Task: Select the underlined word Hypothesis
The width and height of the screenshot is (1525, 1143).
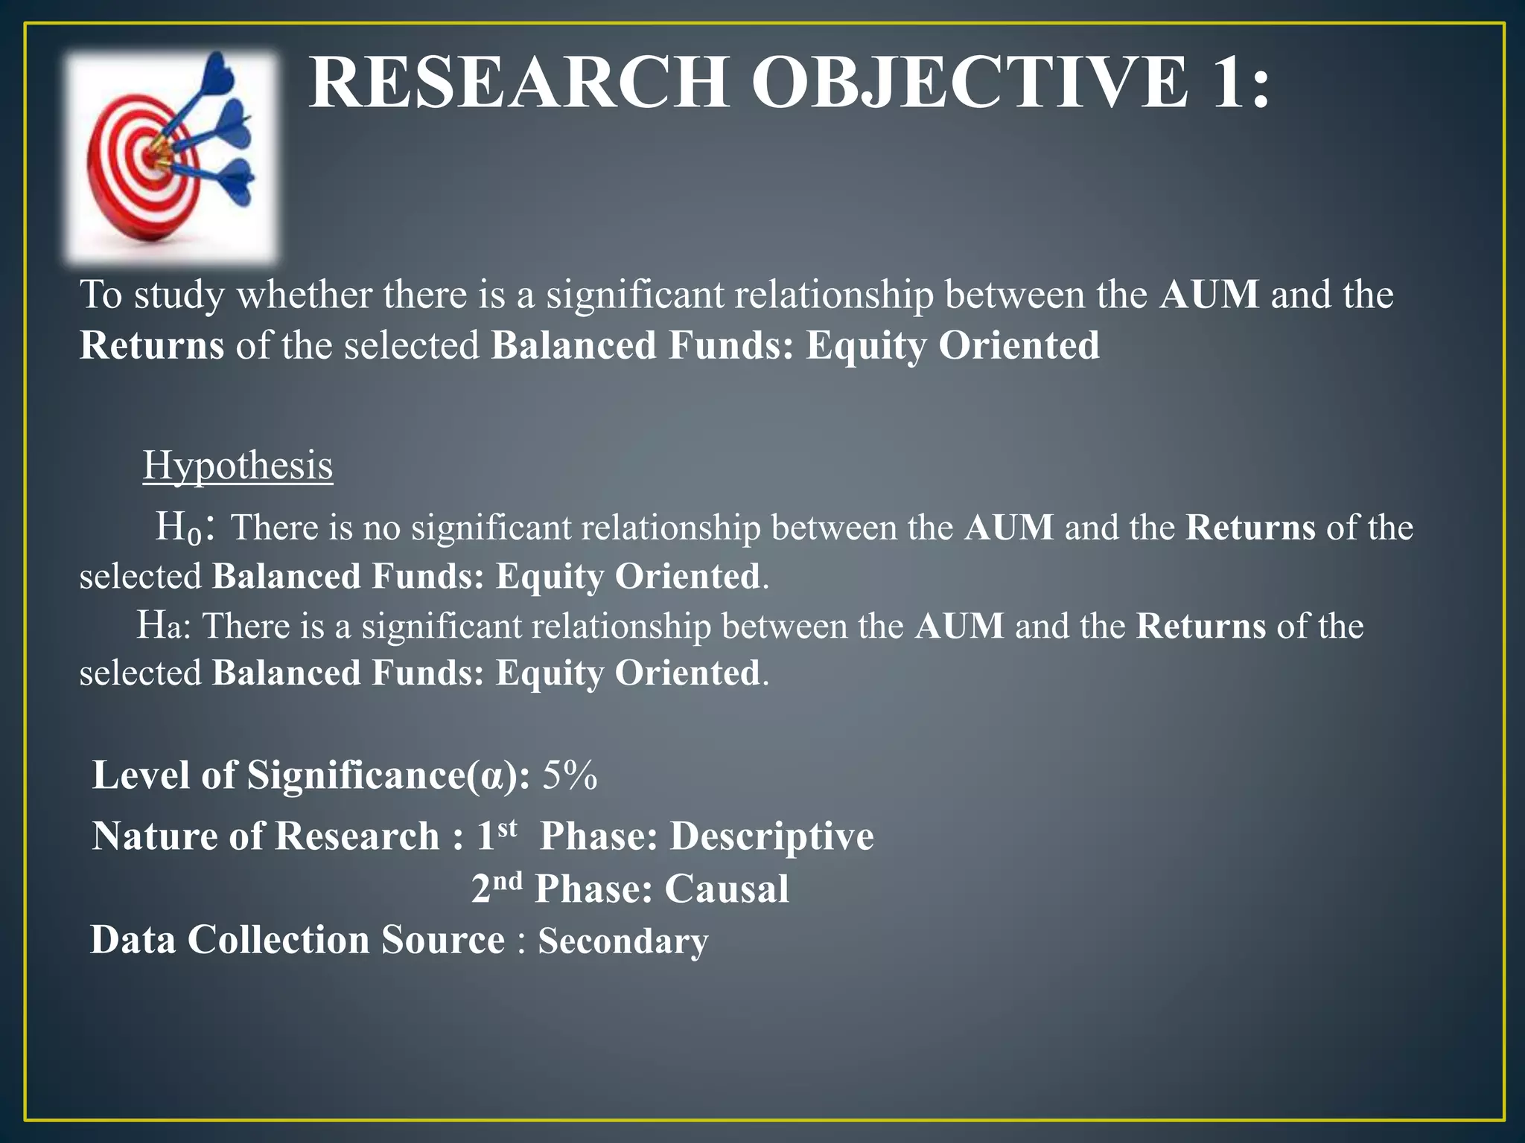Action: [238, 466]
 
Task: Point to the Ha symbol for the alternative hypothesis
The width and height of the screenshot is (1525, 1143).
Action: [159, 626]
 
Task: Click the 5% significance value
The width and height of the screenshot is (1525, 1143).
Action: [570, 775]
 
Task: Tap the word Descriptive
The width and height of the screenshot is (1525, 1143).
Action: [772, 836]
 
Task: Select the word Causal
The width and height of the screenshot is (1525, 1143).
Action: [727, 889]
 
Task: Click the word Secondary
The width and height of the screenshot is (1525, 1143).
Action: [623, 941]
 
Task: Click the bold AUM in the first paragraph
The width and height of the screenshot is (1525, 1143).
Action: [1209, 295]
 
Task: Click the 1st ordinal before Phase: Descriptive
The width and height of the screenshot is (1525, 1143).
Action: [496, 833]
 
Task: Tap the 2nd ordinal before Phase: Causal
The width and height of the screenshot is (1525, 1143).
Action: [497, 887]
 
